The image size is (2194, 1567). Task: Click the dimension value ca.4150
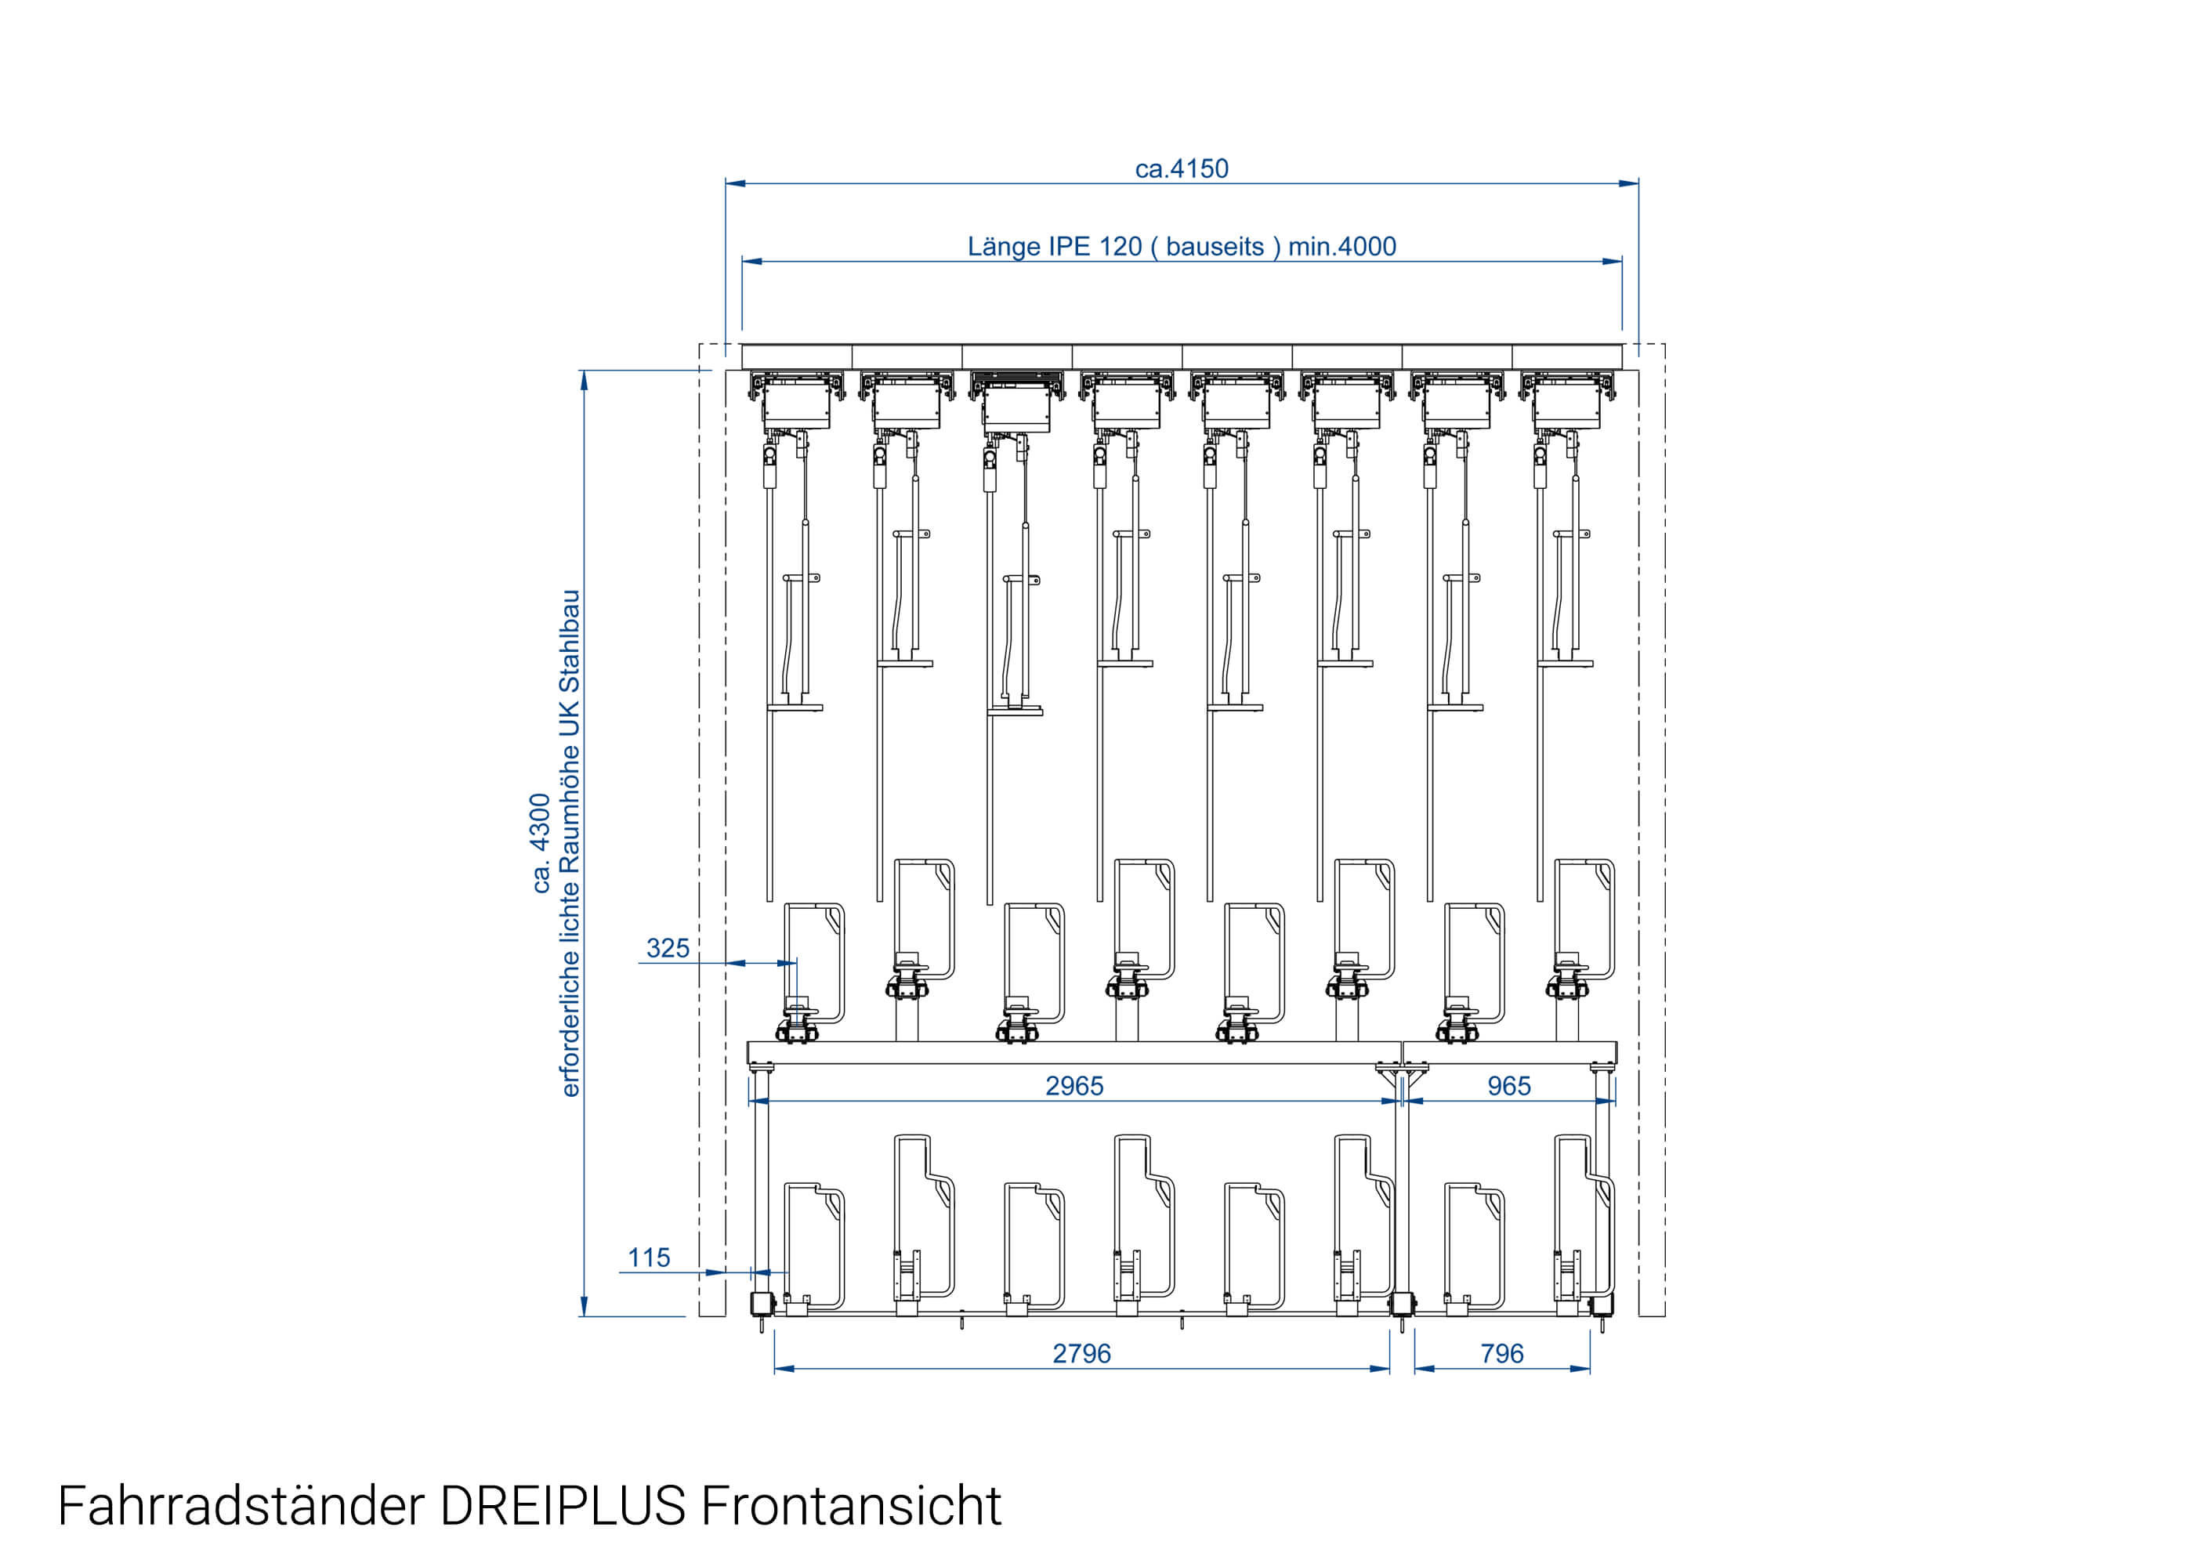click(x=1181, y=169)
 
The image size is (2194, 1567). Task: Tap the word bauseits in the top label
click(x=1215, y=247)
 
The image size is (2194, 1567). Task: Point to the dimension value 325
click(x=668, y=949)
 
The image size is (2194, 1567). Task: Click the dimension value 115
click(x=648, y=1258)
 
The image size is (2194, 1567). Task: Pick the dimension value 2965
click(x=1073, y=1087)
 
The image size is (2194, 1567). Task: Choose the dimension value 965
click(x=1509, y=1087)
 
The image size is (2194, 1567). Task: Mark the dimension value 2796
click(x=1081, y=1355)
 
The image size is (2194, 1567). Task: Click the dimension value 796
click(x=1502, y=1355)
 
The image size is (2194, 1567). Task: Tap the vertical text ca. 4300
click(x=541, y=843)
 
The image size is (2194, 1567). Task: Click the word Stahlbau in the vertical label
click(x=570, y=642)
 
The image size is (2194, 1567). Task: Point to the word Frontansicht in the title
click(x=851, y=1506)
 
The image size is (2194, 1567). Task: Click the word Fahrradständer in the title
click(x=241, y=1506)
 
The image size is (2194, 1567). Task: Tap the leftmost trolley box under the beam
click(x=797, y=404)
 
